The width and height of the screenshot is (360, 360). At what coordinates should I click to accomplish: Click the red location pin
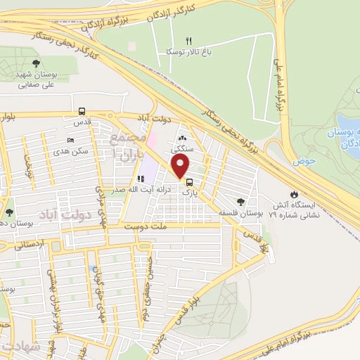181,167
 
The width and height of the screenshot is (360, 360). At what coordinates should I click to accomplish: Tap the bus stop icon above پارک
188,181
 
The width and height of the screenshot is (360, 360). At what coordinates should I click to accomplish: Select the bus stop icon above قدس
82,111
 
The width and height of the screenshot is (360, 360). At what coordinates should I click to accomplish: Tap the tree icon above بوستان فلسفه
243,202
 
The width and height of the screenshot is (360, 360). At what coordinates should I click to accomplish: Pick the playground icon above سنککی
183,139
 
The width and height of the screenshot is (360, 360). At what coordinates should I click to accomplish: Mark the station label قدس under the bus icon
83,122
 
